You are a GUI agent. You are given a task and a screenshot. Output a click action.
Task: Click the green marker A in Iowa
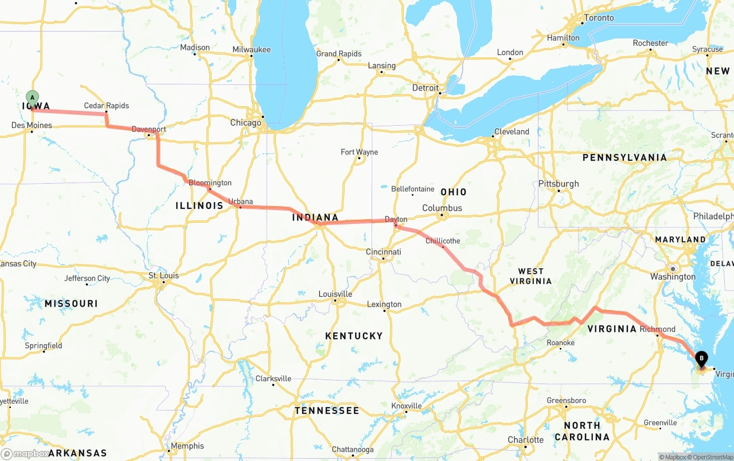click(x=32, y=98)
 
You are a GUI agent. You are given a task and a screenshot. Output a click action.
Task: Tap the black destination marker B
click(x=701, y=360)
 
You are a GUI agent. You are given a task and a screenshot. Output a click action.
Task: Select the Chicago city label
click(x=245, y=122)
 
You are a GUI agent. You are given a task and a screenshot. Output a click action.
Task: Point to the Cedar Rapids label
click(x=106, y=106)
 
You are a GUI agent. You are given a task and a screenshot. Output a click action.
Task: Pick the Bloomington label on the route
click(x=210, y=183)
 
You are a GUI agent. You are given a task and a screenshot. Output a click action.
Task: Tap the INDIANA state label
click(x=315, y=218)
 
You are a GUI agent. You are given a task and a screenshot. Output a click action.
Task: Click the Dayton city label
click(x=396, y=219)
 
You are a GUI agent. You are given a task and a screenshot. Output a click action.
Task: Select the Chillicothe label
click(x=443, y=241)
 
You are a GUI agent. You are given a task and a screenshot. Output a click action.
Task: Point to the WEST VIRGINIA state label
click(x=534, y=276)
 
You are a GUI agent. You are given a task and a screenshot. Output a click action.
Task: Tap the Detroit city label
click(x=425, y=88)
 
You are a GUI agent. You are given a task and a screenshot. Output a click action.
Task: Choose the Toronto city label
click(x=599, y=18)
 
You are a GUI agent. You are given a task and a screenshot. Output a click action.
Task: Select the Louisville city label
click(x=335, y=294)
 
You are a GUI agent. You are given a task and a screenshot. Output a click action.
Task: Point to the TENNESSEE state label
click(x=327, y=410)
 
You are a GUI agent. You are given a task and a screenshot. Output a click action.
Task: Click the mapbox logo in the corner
click(x=26, y=454)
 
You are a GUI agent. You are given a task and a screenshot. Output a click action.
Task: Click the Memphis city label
click(x=187, y=445)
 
